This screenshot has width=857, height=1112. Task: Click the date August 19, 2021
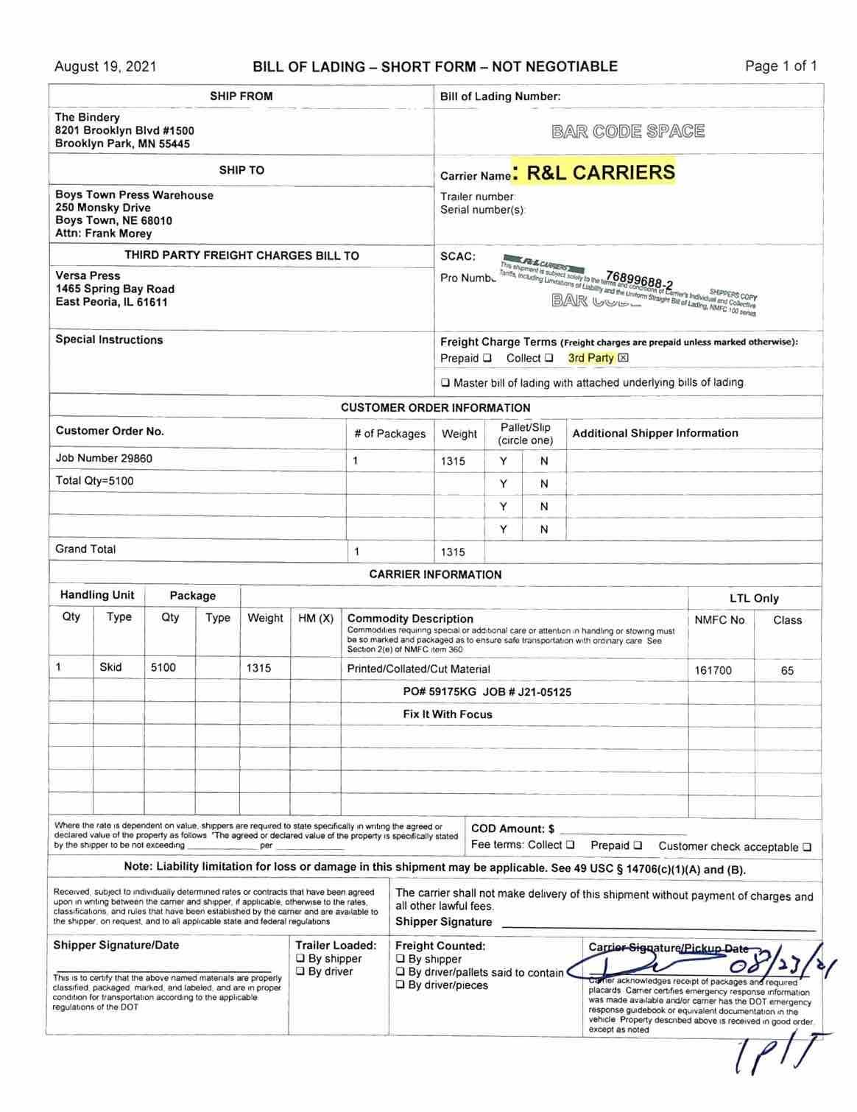click(105, 67)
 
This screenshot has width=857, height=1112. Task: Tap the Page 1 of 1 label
click(780, 66)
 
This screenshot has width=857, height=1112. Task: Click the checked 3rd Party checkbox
click(624, 359)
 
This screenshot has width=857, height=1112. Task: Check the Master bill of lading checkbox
click(445, 383)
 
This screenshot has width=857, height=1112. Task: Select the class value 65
click(787, 670)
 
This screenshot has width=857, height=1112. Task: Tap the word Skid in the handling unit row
click(110, 667)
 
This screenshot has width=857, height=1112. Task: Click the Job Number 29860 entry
click(104, 458)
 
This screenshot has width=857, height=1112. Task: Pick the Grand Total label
click(85, 549)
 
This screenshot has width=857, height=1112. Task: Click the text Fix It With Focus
click(448, 714)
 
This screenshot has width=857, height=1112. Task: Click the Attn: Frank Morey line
click(103, 233)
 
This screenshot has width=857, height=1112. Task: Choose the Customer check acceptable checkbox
click(807, 848)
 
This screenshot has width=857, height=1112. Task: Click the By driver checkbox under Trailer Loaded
click(300, 972)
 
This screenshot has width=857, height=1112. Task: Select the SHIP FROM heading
click(241, 96)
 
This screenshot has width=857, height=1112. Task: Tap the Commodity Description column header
click(410, 619)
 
